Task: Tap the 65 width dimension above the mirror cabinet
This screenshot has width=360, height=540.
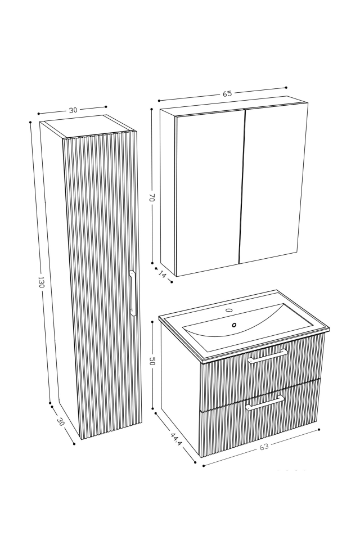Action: [x=227, y=94]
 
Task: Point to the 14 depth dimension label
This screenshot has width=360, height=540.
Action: [x=163, y=274]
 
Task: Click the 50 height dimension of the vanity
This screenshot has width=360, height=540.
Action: [x=152, y=362]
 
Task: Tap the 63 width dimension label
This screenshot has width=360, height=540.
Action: [x=264, y=447]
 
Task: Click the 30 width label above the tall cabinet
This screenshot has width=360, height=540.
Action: [x=73, y=110]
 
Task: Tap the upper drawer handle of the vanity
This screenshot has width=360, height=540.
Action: [x=268, y=356]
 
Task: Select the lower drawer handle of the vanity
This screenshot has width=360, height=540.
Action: [x=264, y=403]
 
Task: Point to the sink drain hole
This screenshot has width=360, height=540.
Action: [x=235, y=324]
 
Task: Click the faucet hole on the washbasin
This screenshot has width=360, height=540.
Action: [x=229, y=310]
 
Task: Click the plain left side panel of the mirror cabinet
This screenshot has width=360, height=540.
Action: [x=168, y=191]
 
